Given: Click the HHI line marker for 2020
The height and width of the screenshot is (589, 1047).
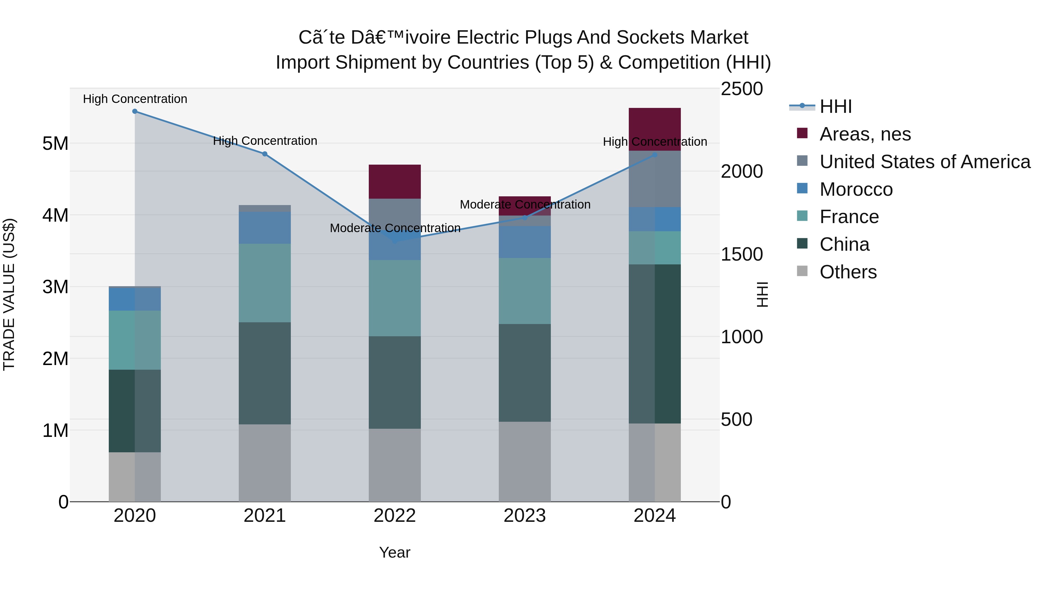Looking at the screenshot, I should point(135,111).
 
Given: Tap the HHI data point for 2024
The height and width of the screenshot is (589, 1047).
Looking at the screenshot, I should point(654,155).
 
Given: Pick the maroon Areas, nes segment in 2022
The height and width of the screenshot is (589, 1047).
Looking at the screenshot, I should point(394,181).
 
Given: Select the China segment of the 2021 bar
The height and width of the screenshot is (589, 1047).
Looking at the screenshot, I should point(265,373).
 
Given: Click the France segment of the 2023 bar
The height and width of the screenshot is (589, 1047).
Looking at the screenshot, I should point(524,291).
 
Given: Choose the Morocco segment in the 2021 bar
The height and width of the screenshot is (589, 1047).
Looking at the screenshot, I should point(265,228).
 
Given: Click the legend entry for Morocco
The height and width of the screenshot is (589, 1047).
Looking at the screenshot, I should point(856,189).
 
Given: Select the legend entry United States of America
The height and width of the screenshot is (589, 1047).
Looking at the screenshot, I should point(924,162).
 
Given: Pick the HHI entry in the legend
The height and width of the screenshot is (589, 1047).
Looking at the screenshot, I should point(835,106).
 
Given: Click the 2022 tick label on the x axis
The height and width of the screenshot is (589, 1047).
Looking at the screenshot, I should point(394,516).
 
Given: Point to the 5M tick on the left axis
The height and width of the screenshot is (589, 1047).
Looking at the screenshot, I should point(55,143).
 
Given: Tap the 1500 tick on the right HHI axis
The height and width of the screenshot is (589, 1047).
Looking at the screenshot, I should point(741,255).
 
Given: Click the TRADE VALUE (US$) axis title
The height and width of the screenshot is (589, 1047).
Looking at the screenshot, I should point(9,294).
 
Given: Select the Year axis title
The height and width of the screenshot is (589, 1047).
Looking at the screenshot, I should point(394,552).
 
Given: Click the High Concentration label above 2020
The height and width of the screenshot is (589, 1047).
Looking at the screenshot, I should point(135,99).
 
